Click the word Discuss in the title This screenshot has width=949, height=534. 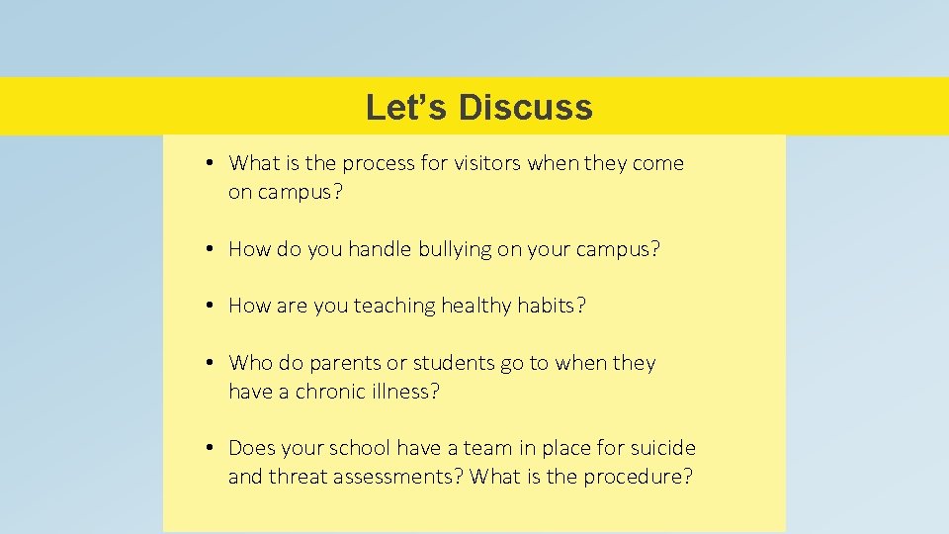coord(525,107)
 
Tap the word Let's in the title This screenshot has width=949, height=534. coord(406,107)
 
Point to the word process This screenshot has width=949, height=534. coord(376,163)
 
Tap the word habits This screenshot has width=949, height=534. coord(551,307)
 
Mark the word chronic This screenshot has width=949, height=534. coord(329,392)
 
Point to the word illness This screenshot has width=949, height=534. coord(403,392)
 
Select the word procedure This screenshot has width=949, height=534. coord(638,477)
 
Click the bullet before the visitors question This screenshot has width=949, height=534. coord(212,163)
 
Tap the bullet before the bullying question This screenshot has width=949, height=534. coord(212,249)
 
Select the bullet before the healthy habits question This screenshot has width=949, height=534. coord(212,307)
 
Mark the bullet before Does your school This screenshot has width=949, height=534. coord(212,448)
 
